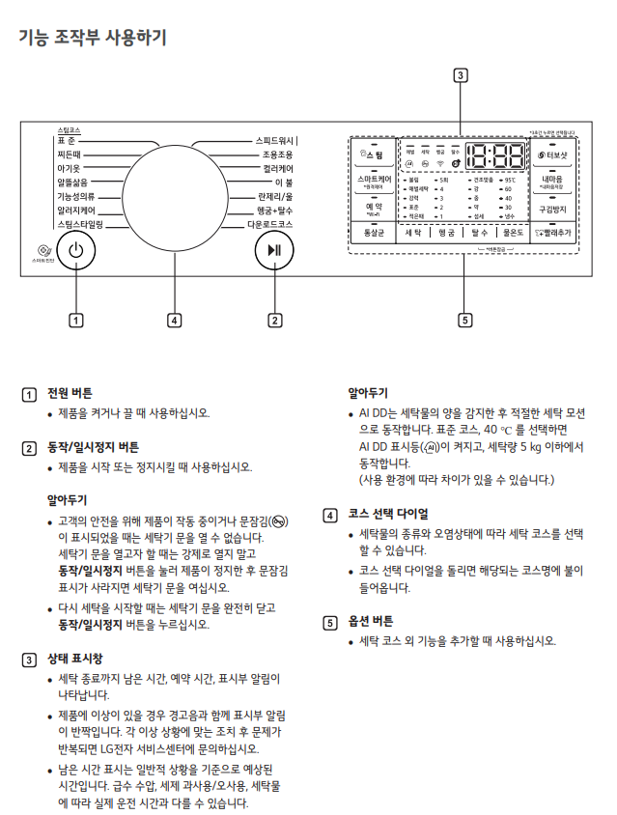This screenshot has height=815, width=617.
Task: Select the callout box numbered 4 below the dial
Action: tap(174, 320)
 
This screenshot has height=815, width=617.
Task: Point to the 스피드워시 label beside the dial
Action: tap(274, 141)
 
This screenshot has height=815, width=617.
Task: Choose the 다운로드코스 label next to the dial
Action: tap(270, 223)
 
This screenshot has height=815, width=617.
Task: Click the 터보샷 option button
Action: tap(553, 155)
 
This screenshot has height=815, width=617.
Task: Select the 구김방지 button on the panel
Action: tap(553, 208)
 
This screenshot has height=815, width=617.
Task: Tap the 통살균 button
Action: tap(373, 233)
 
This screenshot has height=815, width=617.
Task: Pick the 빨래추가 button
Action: tap(553, 233)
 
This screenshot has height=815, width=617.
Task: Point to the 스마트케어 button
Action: tap(373, 181)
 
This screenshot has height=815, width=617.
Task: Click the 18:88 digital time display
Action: tap(495, 156)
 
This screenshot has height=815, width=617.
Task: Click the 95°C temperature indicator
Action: tap(507, 180)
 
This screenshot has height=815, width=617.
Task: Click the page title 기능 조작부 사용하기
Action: tap(93, 38)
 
